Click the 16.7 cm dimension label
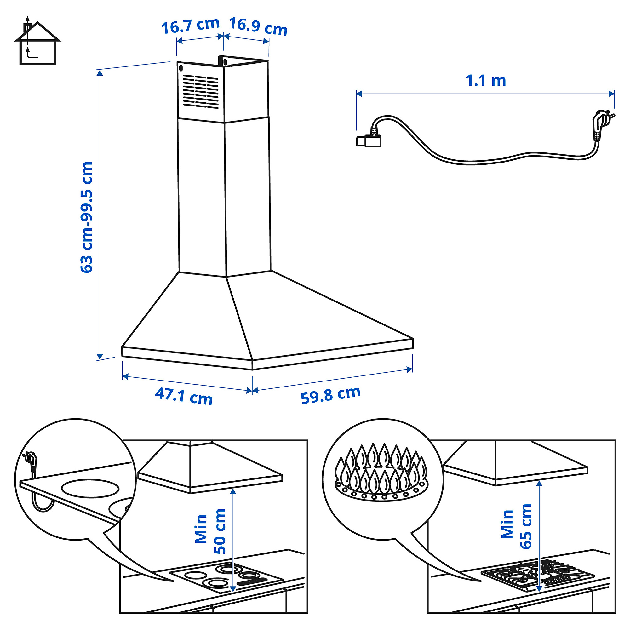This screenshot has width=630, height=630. [190, 26]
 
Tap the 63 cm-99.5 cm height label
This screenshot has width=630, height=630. [87, 217]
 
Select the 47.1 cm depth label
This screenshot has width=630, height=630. [184, 397]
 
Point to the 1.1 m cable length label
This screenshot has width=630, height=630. [485, 81]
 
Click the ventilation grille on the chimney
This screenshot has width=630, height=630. [200, 91]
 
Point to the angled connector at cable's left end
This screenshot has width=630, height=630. [369, 140]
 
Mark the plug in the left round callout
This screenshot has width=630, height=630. [30, 461]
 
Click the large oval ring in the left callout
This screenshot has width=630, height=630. [90, 489]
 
